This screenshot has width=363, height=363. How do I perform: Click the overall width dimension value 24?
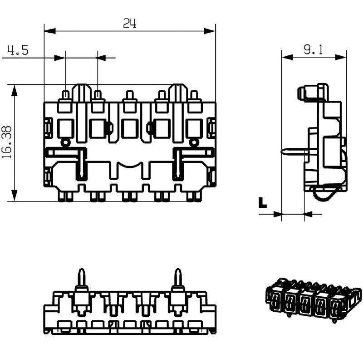click(x=130, y=23)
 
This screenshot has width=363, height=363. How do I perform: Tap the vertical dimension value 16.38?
click(x=6, y=142)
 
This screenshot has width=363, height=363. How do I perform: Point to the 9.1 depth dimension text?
click(x=314, y=50)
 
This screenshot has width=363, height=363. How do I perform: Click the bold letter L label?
click(x=262, y=203)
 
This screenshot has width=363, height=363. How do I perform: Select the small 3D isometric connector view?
click(x=313, y=300)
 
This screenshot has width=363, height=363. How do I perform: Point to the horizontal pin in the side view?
click(x=294, y=151)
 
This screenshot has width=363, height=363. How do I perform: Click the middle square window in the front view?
click(x=130, y=129)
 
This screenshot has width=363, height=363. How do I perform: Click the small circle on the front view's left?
click(x=66, y=143)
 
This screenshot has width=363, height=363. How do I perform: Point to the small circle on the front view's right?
click(x=194, y=143)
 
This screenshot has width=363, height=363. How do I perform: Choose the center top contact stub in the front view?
click(x=130, y=96)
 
